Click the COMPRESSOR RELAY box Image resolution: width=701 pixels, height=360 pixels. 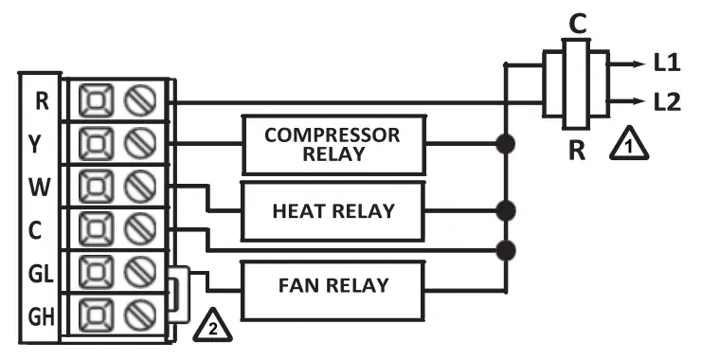(332, 142)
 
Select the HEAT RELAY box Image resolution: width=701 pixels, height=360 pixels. (332, 209)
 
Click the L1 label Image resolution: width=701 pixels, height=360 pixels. (667, 64)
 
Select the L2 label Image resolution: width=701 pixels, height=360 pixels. (667, 100)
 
